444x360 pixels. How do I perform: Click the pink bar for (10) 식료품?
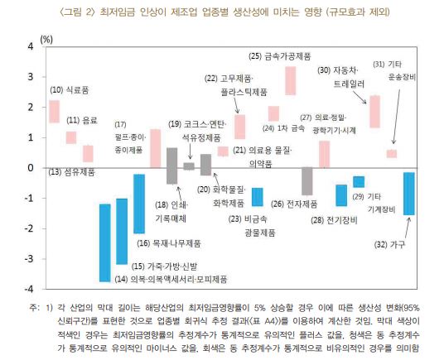[x=54, y=112]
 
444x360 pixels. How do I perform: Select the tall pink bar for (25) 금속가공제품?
[x=291, y=81]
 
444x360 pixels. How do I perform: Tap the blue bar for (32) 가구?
[x=408, y=193]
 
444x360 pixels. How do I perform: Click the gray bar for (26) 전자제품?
[x=307, y=181]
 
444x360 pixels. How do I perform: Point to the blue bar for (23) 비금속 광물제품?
[x=258, y=197]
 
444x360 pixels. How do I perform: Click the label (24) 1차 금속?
[x=283, y=129]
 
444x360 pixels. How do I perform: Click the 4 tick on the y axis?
[x=31, y=46]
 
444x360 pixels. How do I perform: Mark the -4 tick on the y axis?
[x=30, y=290]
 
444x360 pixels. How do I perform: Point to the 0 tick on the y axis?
[x=31, y=168]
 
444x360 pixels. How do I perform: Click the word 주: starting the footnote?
[x=33, y=308]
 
